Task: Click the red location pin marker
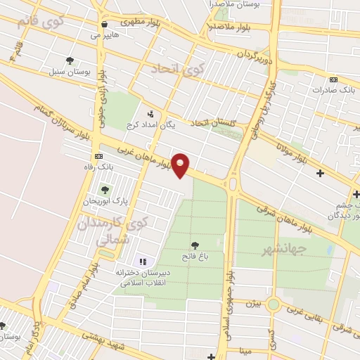pyautogui.click(x=181, y=165)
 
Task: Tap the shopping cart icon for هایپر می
pyautogui.click(x=103, y=23)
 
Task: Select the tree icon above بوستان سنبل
pyautogui.click(x=69, y=60)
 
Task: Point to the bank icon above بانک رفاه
pyautogui.click(x=98, y=156)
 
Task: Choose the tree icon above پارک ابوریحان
pyautogui.click(x=105, y=190)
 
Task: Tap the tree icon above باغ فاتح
pyautogui.click(x=195, y=245)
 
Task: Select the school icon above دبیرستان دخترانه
pyautogui.click(x=142, y=262)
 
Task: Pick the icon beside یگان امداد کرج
pyautogui.click(x=150, y=113)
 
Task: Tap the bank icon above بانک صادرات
pyautogui.click(x=333, y=79)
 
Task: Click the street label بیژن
pyautogui.click(x=252, y=304)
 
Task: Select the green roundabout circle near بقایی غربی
pyautogui.click(x=273, y=304)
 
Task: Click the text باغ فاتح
pyautogui.click(x=195, y=257)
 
